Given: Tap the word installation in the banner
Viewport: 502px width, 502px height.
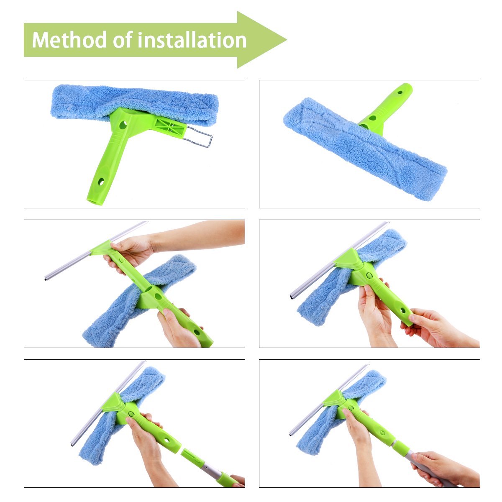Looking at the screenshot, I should pos(192,41).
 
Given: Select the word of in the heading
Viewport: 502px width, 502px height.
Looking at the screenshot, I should pos(124,41).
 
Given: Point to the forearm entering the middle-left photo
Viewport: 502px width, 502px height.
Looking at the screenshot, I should pos(201,236).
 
